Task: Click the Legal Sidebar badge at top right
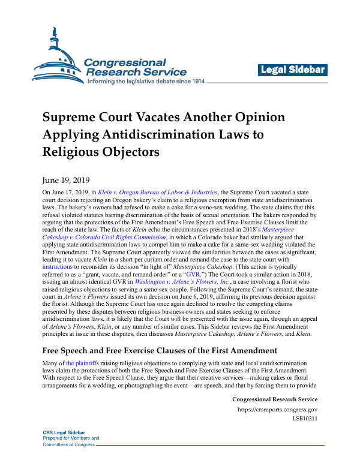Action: [x=293, y=70]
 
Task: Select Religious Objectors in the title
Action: [x=101, y=152]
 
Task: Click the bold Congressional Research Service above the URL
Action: [x=274, y=399]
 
